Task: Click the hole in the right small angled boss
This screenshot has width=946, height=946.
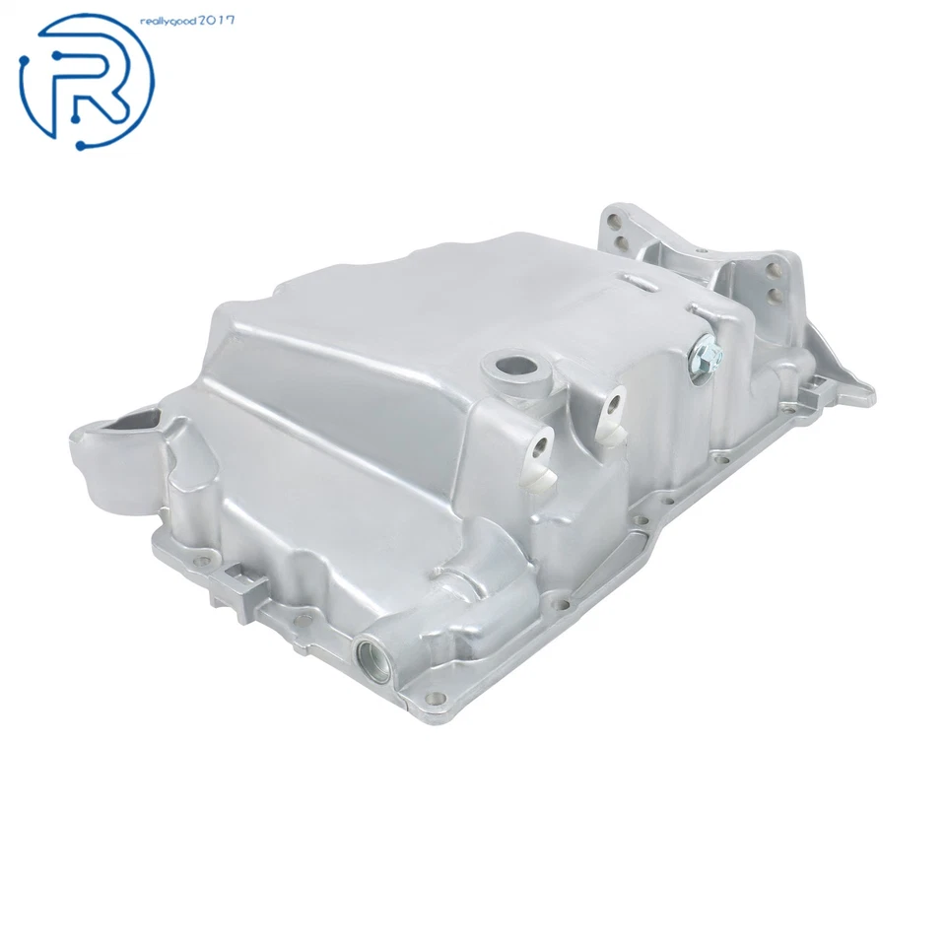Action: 614,403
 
